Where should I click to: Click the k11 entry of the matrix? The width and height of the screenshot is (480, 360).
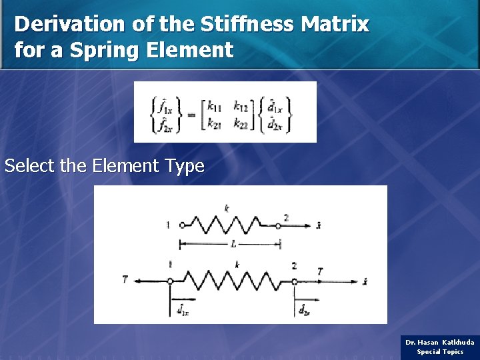(x=215, y=105)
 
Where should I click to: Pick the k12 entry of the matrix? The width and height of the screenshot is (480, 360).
(x=241, y=105)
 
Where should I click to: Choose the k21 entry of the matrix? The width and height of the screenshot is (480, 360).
(x=215, y=125)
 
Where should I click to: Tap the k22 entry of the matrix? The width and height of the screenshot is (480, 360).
(x=241, y=125)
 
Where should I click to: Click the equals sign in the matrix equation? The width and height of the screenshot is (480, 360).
(x=191, y=115)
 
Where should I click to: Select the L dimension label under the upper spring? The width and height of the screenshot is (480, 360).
(x=233, y=245)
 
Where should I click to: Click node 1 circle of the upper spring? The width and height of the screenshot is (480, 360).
(x=182, y=226)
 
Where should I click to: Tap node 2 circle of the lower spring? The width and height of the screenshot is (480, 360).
(x=294, y=281)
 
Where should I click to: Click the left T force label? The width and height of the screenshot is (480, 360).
(x=125, y=280)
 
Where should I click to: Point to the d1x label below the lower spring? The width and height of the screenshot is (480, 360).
(x=182, y=307)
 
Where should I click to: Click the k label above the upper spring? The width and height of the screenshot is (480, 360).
(x=227, y=209)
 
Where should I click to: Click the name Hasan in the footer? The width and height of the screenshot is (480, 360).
(x=428, y=342)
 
